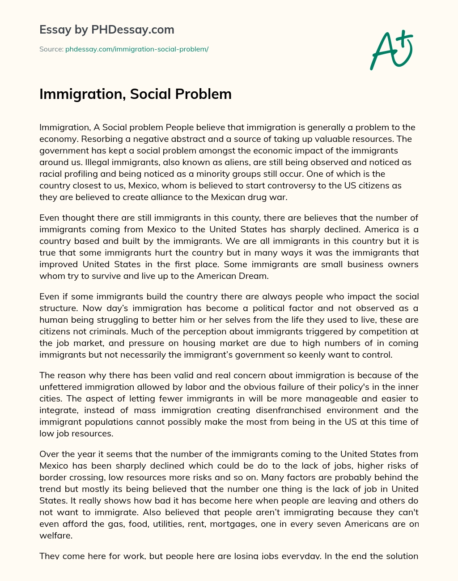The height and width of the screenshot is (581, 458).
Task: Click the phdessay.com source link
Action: pyautogui.click(x=137, y=49)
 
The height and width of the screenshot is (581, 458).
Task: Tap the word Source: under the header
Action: pyautogui.click(x=51, y=49)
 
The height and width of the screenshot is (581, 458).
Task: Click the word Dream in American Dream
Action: pyautogui.click(x=254, y=276)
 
